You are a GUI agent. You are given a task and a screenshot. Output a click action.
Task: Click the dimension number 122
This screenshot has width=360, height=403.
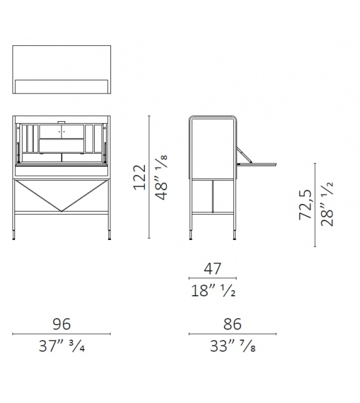140,178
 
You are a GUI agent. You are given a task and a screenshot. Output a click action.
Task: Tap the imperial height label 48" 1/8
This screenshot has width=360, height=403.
162,178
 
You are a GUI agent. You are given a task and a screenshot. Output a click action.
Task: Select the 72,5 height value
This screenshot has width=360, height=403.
305,205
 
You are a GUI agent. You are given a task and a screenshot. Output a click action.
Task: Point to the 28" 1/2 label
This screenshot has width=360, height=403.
327,204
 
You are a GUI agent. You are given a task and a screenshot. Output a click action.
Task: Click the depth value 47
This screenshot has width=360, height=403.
213,269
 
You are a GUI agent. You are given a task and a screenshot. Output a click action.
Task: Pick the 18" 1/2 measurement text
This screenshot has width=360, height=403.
213,291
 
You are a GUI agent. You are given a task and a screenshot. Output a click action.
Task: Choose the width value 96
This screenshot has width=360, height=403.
61,324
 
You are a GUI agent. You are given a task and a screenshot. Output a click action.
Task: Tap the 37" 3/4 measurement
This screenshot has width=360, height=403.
62,346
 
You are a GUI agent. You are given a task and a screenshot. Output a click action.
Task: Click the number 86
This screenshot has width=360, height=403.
233,324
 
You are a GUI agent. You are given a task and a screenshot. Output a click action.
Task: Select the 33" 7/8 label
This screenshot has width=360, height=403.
233,346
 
